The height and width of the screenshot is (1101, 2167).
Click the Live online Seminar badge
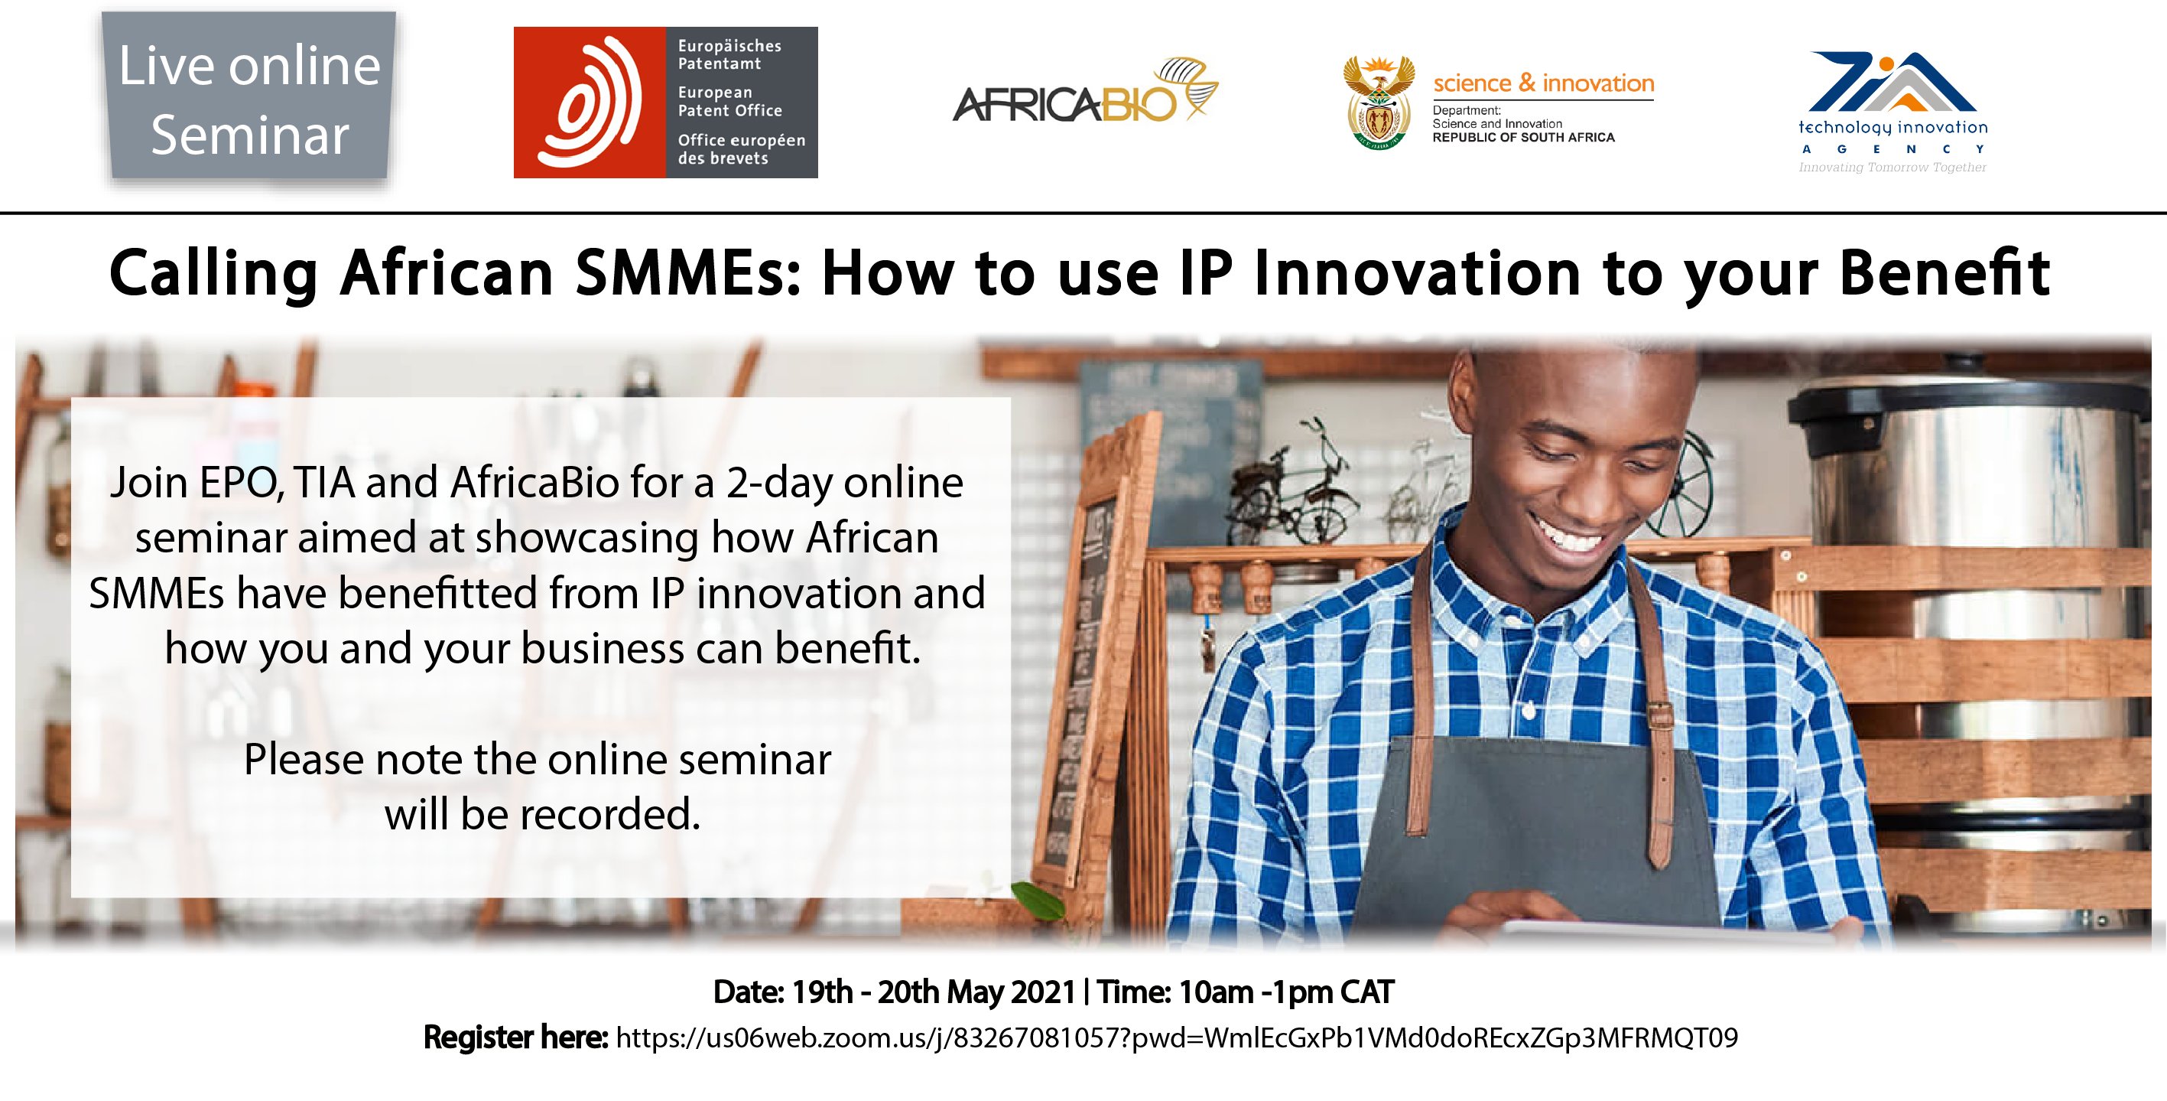tap(249, 99)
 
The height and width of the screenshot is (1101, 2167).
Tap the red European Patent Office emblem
tap(590, 102)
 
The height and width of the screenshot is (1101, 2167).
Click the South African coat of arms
tap(1379, 102)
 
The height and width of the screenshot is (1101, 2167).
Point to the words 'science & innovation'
tap(1544, 83)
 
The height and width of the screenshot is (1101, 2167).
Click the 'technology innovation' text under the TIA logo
tap(1892, 128)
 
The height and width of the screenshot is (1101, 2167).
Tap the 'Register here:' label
tap(515, 1037)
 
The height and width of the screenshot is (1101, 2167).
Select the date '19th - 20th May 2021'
tap(934, 992)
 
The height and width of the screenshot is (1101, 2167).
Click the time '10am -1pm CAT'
tap(1286, 992)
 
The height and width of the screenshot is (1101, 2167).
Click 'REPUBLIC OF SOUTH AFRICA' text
tap(1523, 137)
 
